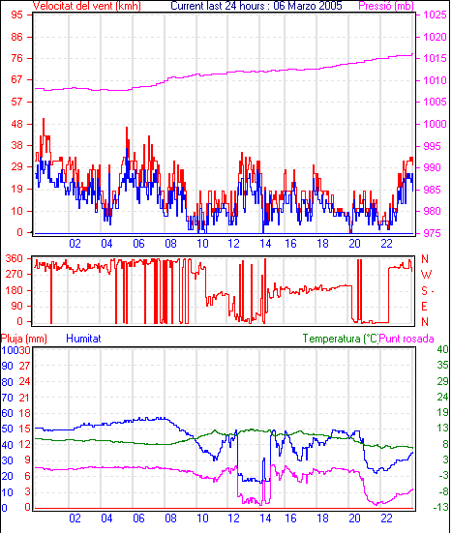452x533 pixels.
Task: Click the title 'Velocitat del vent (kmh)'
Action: (x=87, y=6)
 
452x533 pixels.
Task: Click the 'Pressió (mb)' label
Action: (x=386, y=6)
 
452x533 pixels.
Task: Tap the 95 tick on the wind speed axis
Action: (x=16, y=15)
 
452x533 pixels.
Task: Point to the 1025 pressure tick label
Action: (x=435, y=15)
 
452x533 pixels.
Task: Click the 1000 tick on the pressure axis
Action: (x=435, y=124)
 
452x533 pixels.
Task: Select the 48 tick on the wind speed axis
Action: (x=16, y=124)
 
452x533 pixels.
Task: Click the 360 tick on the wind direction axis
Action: (x=15, y=258)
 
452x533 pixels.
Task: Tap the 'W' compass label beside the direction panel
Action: (x=426, y=275)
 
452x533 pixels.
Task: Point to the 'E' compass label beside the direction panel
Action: (x=424, y=307)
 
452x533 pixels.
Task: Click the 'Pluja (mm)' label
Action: (x=24, y=339)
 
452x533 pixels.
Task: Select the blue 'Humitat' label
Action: (x=83, y=339)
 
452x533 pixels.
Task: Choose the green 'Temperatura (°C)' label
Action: (x=341, y=339)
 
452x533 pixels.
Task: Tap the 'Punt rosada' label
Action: (x=407, y=339)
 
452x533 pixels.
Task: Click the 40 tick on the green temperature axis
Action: (x=443, y=349)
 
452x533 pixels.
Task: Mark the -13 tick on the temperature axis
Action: (x=440, y=508)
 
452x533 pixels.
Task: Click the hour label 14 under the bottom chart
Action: (x=265, y=518)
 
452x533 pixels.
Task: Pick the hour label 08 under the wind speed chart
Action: (x=170, y=244)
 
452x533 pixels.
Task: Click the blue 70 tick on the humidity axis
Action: (x=7, y=397)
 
